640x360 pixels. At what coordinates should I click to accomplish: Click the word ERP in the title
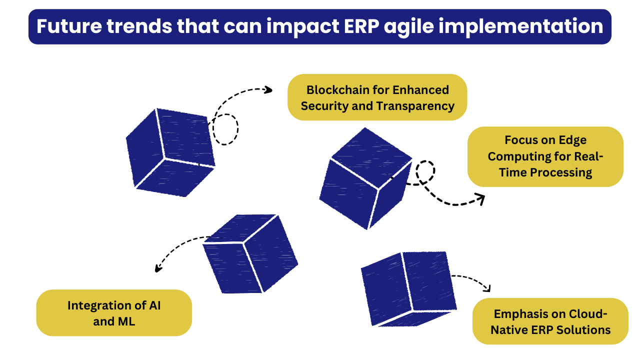(x=361, y=26)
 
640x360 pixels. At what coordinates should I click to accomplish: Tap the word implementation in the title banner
(x=521, y=27)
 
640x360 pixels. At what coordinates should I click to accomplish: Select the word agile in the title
(x=409, y=27)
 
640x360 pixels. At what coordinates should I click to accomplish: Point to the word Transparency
(x=415, y=106)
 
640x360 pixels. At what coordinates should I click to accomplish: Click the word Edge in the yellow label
(x=572, y=140)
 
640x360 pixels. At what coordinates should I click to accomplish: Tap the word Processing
(x=561, y=173)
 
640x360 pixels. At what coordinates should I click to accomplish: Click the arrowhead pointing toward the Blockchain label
(x=268, y=90)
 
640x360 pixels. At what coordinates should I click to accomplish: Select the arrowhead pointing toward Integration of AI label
(x=158, y=268)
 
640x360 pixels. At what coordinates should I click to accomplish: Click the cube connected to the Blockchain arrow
(x=170, y=152)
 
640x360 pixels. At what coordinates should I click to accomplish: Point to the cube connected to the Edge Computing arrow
(x=365, y=178)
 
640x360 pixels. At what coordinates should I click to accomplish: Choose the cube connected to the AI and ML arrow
(x=250, y=253)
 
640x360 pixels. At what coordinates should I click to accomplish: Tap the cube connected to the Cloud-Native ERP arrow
(x=409, y=289)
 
